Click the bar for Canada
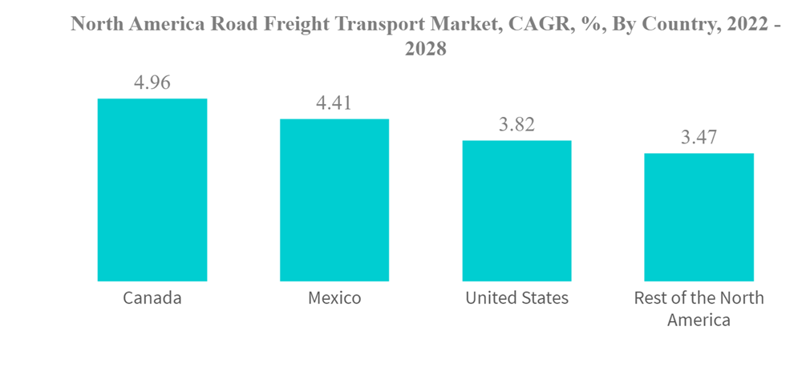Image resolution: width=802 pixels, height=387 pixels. [x=152, y=190]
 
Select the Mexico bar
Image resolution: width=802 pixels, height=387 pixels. [x=334, y=200]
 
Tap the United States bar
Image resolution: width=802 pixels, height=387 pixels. [x=516, y=211]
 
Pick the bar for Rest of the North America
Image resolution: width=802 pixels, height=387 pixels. [x=699, y=217]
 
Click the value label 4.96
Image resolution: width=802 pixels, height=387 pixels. [x=152, y=83]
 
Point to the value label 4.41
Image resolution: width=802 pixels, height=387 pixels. [x=334, y=103]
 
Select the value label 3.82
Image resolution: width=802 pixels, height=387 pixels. [x=516, y=124]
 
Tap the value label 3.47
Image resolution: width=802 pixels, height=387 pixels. [x=699, y=137]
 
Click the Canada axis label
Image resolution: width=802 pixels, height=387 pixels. [x=152, y=298]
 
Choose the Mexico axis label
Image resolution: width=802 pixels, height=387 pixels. [x=334, y=298]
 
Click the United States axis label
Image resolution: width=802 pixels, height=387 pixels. [x=516, y=298]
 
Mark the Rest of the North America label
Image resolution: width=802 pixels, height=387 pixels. [x=699, y=308]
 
